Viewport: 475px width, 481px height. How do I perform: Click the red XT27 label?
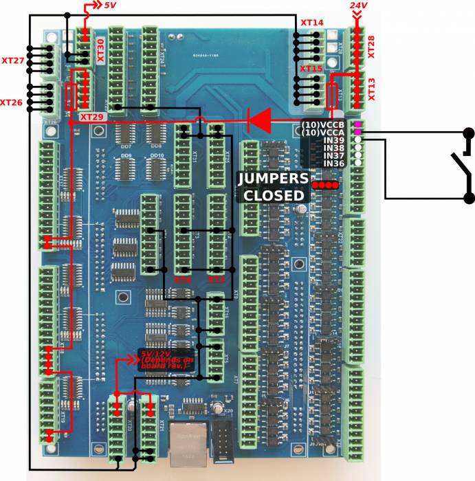(13, 61)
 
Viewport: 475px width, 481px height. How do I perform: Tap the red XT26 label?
(12, 102)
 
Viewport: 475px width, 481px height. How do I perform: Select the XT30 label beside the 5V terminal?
(101, 51)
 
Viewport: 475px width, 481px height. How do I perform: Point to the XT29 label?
(92, 118)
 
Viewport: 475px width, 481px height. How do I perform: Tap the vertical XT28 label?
(371, 47)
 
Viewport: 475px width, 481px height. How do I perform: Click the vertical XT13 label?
(371, 89)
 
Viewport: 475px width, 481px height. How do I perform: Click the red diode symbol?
(259, 121)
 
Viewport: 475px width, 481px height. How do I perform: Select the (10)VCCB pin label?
(322, 124)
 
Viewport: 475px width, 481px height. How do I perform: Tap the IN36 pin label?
(333, 164)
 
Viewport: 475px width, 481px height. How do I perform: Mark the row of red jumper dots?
(325, 185)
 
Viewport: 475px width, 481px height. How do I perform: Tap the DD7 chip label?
(126, 146)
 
